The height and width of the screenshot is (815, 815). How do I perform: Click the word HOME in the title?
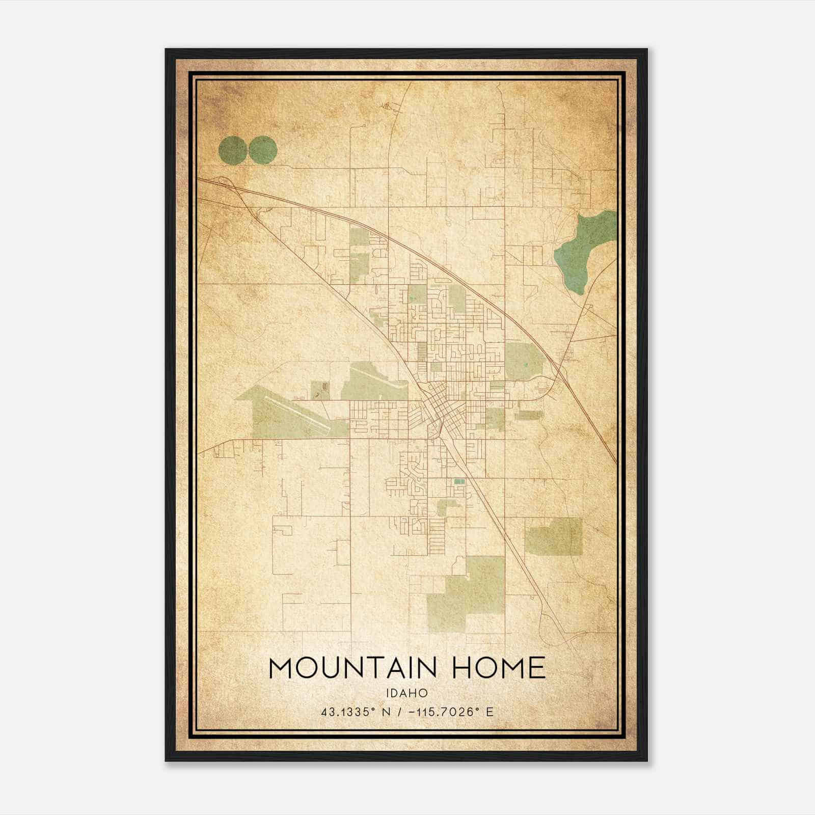tap(499, 668)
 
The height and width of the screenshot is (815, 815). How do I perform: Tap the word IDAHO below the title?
tap(407, 693)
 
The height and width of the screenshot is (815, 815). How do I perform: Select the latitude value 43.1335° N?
tap(356, 712)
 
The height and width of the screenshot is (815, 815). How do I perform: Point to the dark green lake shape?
tap(586, 250)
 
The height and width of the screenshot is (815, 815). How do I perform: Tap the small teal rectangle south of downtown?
tap(459, 481)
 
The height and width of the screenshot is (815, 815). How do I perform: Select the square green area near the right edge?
tap(554, 536)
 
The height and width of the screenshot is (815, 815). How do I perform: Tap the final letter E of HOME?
tap(536, 668)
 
